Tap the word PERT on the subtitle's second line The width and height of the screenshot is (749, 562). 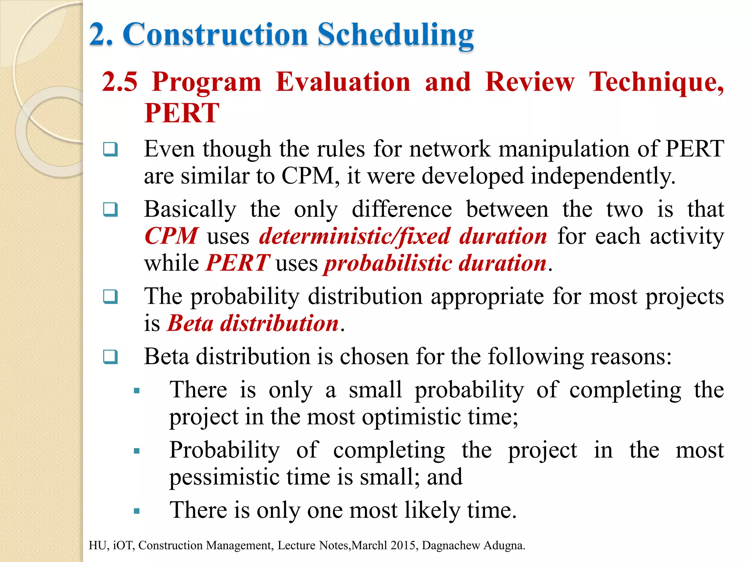(182, 113)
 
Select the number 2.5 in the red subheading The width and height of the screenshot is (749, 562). (120, 82)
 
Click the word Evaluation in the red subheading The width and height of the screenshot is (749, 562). (343, 82)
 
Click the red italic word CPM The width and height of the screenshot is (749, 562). (171, 236)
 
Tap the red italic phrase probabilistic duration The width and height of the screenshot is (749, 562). (435, 263)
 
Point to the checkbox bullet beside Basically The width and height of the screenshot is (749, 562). (110, 210)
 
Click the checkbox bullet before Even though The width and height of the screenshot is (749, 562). (110, 149)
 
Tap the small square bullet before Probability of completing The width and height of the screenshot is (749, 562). (137, 451)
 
